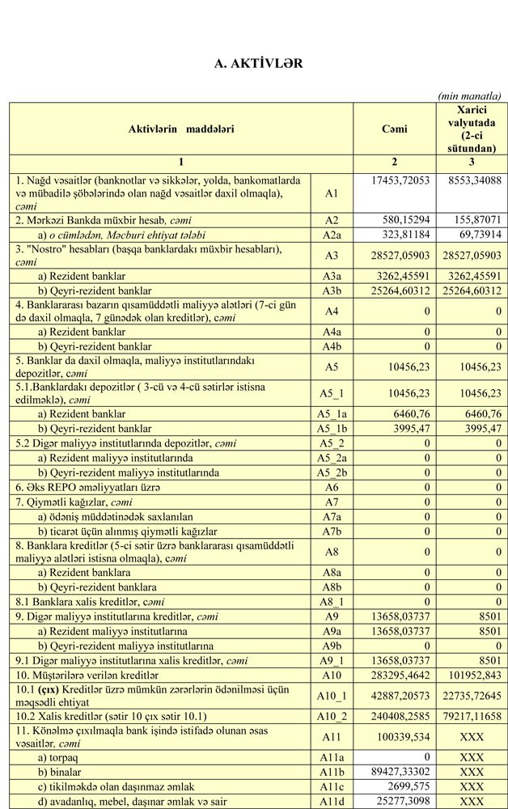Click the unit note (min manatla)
(469, 95)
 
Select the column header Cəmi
(394, 129)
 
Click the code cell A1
(331, 193)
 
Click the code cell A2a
(331, 235)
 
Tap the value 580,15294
(408, 220)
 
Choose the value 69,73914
(480, 235)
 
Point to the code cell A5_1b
(331, 428)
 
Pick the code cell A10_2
(331, 716)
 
